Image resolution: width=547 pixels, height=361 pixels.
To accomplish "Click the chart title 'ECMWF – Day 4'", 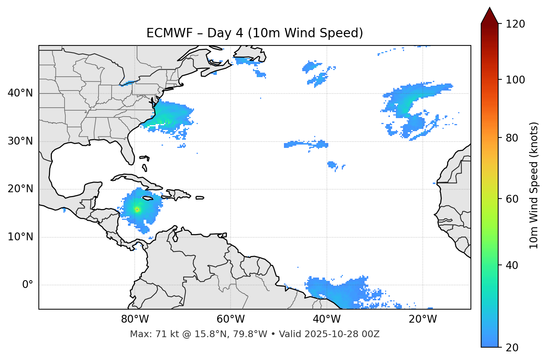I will [x=254, y=33].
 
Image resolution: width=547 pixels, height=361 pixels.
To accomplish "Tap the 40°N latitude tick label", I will [x=20, y=93].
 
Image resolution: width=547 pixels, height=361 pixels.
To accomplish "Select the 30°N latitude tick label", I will [x=20, y=141].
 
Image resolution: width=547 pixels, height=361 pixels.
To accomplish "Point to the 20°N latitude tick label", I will [x=20, y=189].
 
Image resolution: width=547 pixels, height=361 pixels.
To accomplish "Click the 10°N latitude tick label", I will [x=20, y=237].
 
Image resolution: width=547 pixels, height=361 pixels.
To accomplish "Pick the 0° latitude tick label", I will [x=28, y=285].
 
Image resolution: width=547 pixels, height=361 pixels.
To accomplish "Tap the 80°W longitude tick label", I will [x=135, y=319].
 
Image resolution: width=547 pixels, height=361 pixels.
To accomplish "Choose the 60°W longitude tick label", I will [x=231, y=319].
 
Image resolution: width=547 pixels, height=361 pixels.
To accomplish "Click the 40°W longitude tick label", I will [x=327, y=319].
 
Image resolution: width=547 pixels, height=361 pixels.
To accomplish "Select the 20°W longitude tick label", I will [x=423, y=319].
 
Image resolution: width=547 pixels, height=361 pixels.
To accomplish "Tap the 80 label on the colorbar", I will [x=514, y=138].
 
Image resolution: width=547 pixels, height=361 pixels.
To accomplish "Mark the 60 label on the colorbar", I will [x=514, y=199].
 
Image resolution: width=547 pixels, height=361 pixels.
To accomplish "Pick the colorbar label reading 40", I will [x=514, y=265].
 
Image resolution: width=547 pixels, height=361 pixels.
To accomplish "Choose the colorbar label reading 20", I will [x=514, y=348].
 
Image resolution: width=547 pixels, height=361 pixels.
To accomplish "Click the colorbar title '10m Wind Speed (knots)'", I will [x=534, y=185].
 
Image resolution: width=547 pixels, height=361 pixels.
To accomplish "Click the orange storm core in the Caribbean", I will [x=137, y=210].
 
